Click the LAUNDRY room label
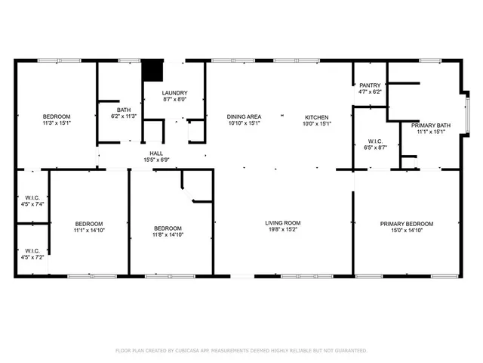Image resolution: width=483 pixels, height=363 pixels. click(174, 92)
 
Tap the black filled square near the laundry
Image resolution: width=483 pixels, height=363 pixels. click(153, 70)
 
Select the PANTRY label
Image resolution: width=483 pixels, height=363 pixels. click(370, 85)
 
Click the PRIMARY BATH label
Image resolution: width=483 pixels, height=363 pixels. click(431, 126)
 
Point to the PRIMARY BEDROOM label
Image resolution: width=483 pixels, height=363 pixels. click(407, 224)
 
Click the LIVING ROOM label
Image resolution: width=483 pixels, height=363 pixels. click(283, 223)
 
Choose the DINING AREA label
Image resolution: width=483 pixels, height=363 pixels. click(244, 117)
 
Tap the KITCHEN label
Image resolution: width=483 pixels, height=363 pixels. click(316, 117)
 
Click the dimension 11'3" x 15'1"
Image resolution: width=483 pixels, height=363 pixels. click(57, 123)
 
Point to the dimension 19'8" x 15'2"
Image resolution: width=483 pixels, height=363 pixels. click(283, 230)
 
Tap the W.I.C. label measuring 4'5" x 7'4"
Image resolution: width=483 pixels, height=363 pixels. click(32, 198)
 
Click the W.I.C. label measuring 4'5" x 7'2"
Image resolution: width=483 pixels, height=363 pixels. click(32, 250)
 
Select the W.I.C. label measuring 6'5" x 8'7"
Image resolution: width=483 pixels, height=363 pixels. click(376, 141)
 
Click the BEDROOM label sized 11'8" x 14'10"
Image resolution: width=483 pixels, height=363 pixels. click(168, 228)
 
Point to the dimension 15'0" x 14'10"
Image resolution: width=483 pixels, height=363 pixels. click(407, 231)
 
